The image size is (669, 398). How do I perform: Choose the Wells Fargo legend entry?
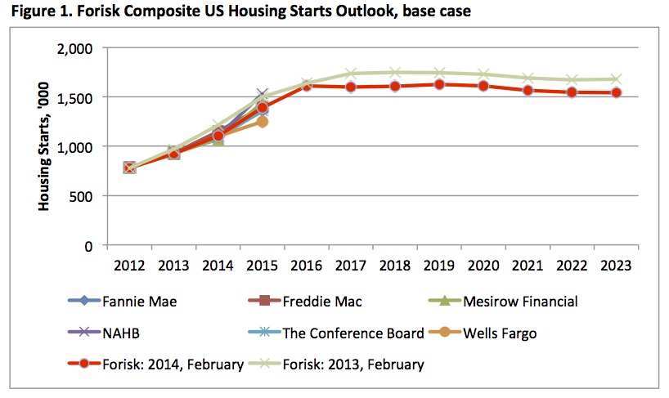pos(509,333)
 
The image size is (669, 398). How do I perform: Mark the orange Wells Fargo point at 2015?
pos(263,122)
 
